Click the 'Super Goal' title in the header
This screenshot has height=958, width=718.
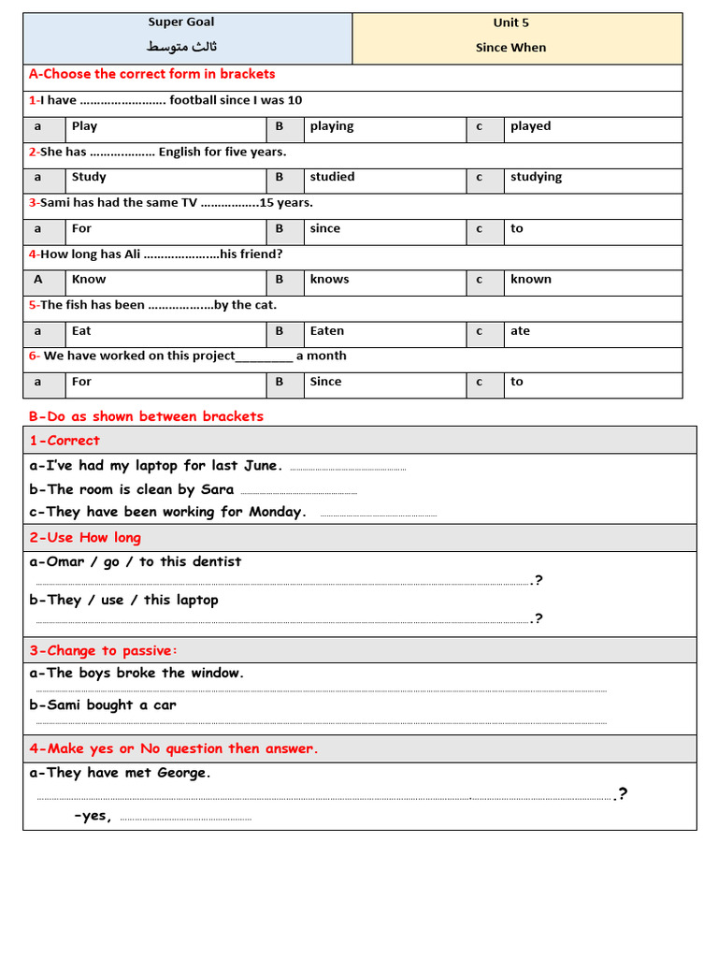tap(181, 22)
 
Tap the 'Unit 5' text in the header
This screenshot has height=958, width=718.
tap(510, 23)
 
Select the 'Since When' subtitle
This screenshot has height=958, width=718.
tap(510, 48)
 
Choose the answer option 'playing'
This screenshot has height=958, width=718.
tap(332, 126)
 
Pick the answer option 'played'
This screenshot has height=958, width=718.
tap(530, 126)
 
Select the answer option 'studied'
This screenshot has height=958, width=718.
tap(332, 177)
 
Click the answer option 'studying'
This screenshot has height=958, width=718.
tap(536, 177)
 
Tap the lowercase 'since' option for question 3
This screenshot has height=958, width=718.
tap(325, 228)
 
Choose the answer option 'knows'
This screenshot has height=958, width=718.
tap(329, 279)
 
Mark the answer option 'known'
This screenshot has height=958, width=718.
tap(530, 279)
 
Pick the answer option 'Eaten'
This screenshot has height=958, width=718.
tap(327, 331)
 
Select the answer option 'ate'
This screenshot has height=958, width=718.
tap(520, 331)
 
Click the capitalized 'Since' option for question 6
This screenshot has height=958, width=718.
tap(325, 382)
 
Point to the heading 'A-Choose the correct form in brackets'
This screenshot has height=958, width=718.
tap(151, 74)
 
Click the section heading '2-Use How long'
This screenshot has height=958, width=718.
tap(85, 537)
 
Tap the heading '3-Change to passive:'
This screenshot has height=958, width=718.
tap(103, 650)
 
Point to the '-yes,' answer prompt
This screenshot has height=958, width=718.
tap(93, 816)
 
